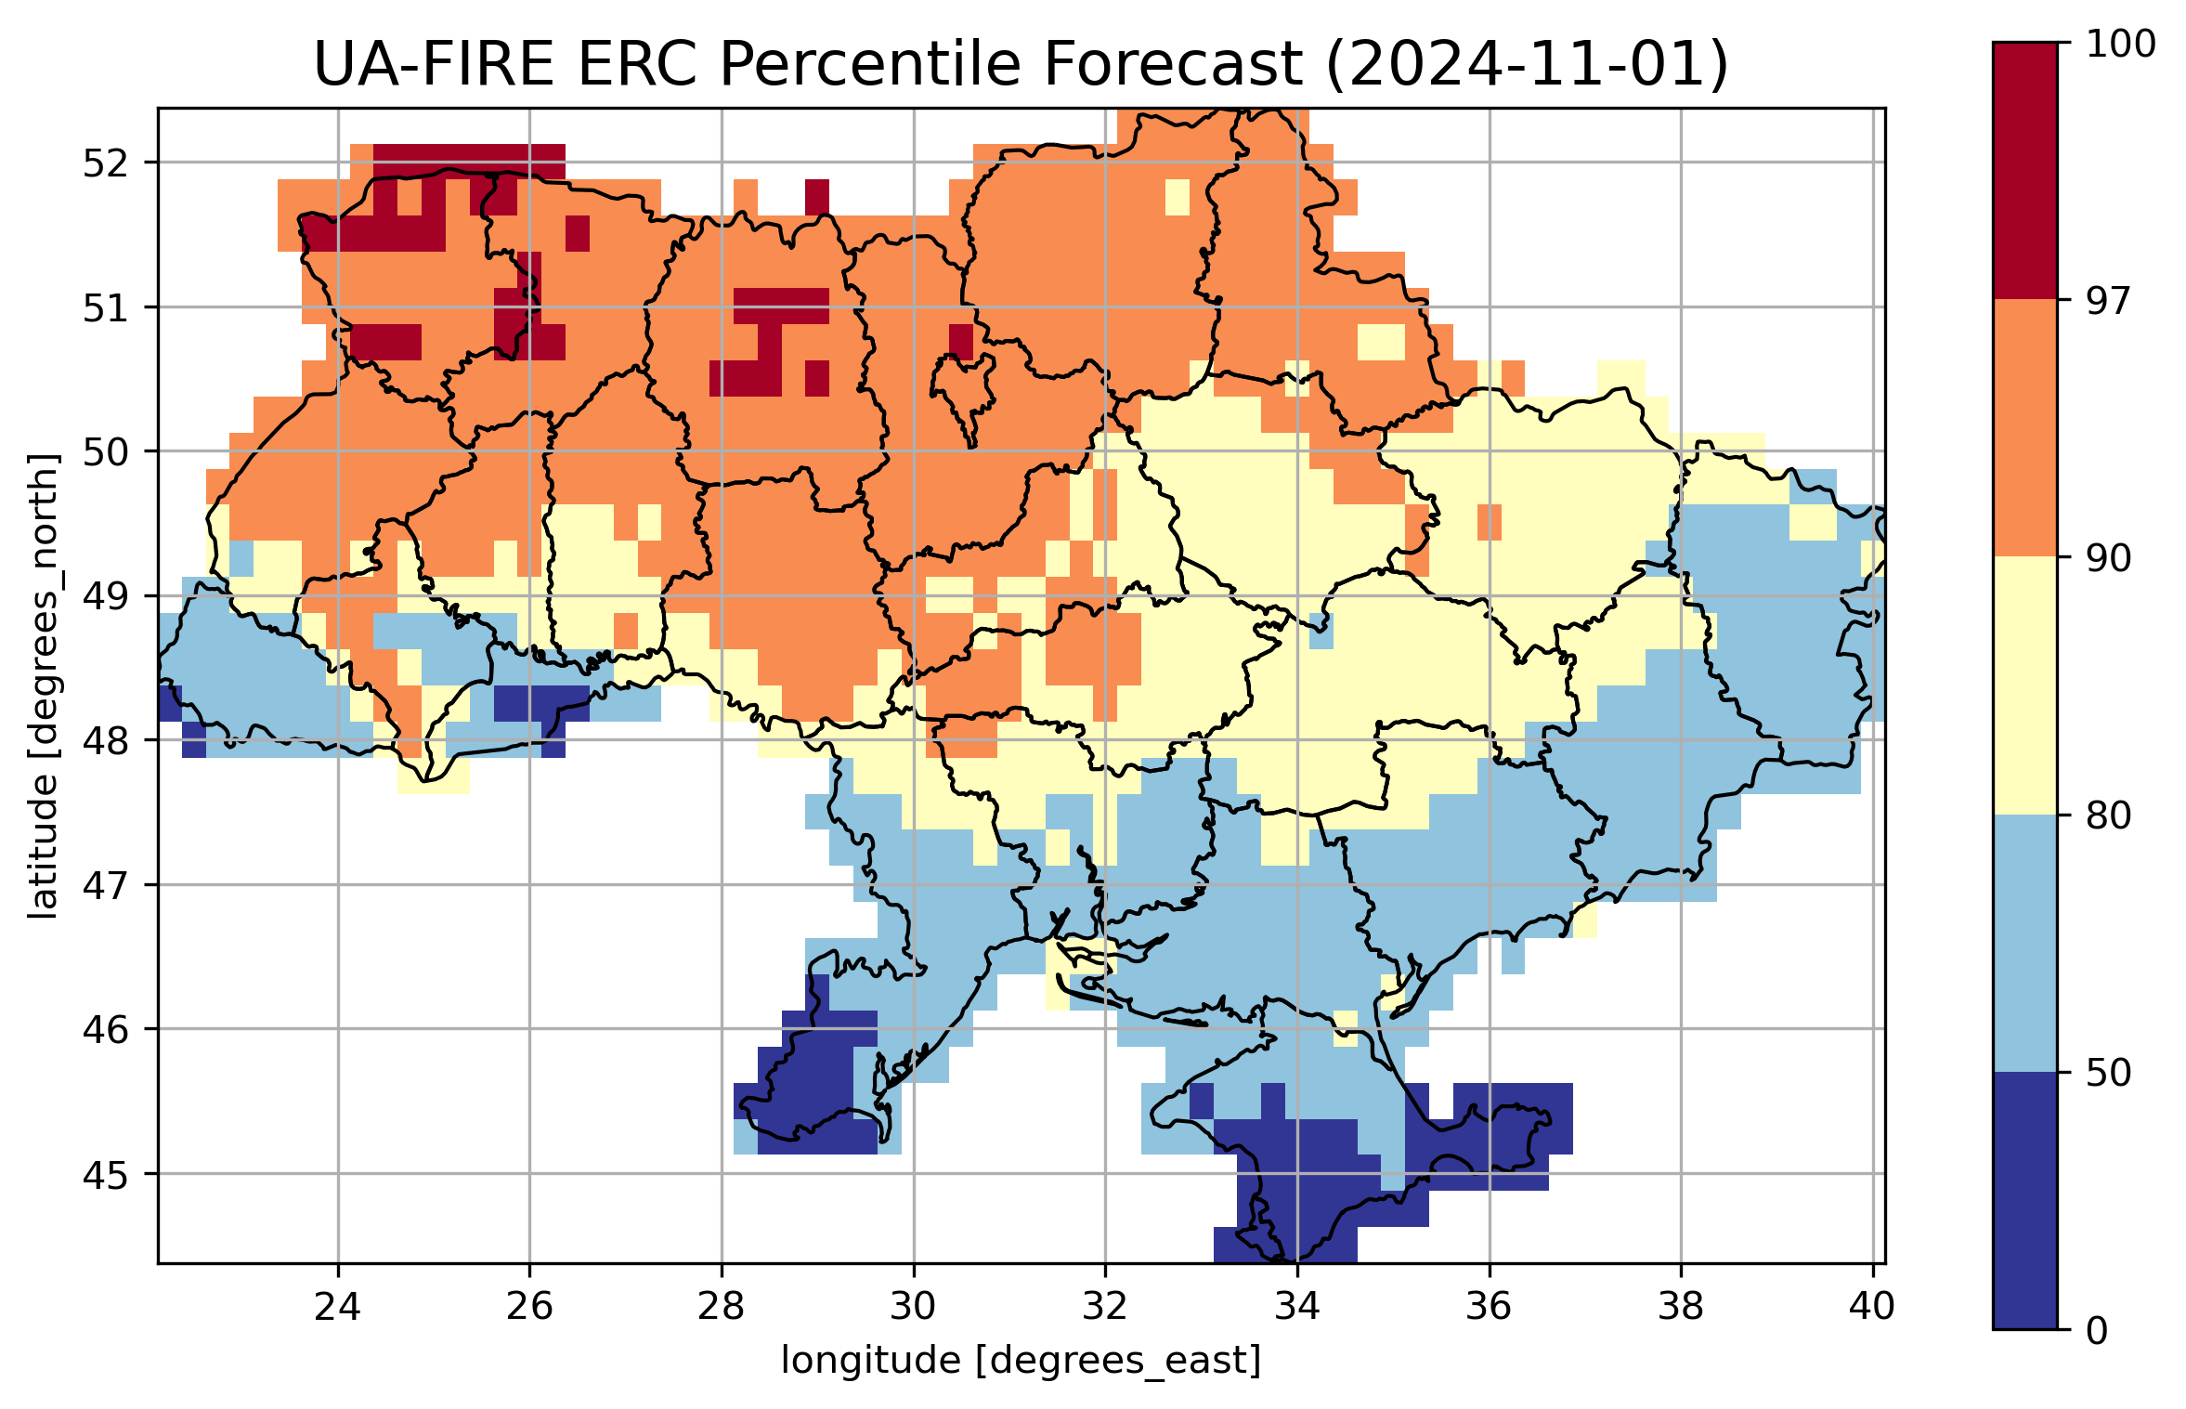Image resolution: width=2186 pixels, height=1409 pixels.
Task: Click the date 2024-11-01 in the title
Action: [x=1526, y=65]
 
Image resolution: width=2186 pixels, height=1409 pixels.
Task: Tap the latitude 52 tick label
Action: [x=106, y=163]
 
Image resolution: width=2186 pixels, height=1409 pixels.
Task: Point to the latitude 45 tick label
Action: [x=106, y=1175]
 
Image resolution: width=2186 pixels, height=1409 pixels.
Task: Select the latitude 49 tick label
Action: [x=106, y=597]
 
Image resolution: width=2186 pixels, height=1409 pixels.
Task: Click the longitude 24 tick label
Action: [x=337, y=1307]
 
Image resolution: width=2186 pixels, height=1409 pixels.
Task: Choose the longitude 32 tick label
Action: [x=1105, y=1307]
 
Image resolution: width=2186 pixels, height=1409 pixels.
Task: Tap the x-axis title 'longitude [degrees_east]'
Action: [x=1021, y=1361]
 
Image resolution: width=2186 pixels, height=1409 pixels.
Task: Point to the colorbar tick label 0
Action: [x=2097, y=1331]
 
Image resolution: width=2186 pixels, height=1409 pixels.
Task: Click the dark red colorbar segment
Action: [x=2024, y=171]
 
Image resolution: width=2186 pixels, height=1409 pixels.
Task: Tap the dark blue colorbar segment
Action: [x=2024, y=1201]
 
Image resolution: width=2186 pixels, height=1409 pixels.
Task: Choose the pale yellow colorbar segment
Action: [x=2024, y=685]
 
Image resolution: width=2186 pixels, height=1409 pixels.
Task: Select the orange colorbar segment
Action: [x=2024, y=428]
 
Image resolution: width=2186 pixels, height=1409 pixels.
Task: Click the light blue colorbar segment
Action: [x=2024, y=944]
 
